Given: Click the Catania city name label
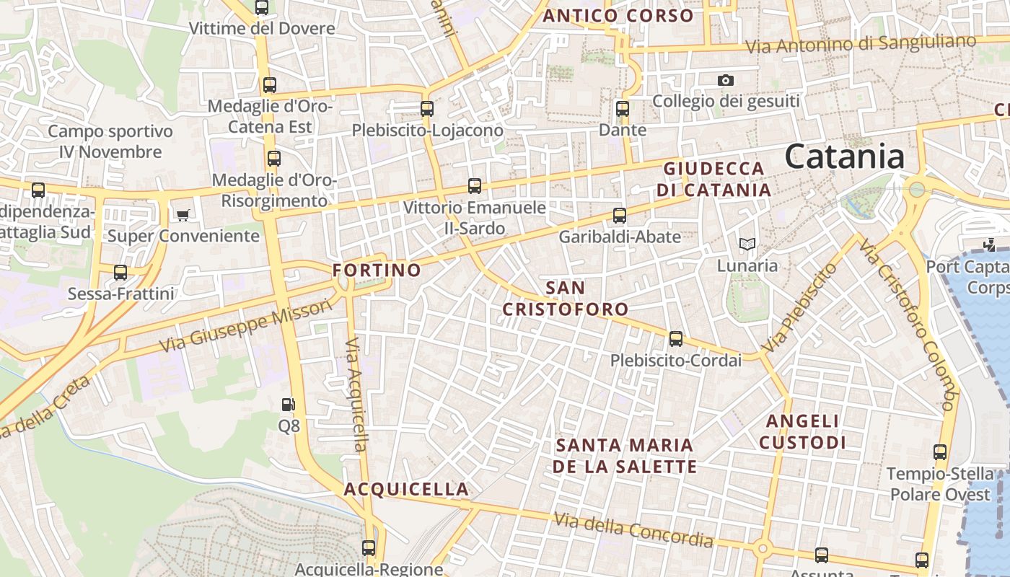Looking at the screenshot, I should (844, 157).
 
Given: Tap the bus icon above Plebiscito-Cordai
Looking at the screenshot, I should (676, 338).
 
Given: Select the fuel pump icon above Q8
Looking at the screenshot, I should (289, 405).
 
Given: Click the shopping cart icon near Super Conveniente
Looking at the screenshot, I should (183, 215).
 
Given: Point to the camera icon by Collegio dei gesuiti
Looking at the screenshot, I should (726, 80).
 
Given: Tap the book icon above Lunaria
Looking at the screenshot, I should (747, 245).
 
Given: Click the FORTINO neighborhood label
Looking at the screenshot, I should (377, 270).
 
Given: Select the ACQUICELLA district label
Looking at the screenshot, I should (406, 489).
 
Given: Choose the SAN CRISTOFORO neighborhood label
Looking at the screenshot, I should (566, 299).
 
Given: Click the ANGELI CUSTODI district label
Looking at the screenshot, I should (802, 431).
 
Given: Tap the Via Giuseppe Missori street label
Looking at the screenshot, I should (246, 326).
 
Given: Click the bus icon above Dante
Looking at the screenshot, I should (623, 109).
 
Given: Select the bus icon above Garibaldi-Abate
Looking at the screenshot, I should (620, 215).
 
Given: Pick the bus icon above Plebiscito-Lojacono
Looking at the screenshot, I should (427, 109).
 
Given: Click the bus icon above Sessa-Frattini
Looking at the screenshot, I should (120, 273).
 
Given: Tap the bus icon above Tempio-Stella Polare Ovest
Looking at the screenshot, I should (940, 452).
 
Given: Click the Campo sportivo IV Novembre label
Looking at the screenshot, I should (110, 141).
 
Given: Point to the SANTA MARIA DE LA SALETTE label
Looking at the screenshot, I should (625, 455).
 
